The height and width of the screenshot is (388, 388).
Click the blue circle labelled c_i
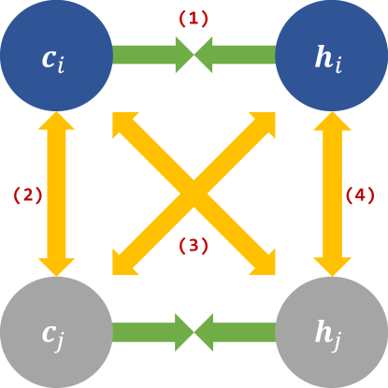point(55,56)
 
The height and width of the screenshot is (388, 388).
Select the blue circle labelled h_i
point(333,56)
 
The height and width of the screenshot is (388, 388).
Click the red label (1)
point(194,18)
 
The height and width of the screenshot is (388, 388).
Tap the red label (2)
point(26,194)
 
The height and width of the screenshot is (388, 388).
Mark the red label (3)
point(194,247)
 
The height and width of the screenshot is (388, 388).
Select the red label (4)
point(361,194)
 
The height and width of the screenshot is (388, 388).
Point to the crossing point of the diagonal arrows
point(194,194)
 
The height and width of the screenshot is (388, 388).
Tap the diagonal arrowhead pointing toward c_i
point(126,127)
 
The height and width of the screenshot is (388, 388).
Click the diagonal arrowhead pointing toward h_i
point(262,127)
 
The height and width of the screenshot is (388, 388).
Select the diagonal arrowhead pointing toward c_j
point(126,262)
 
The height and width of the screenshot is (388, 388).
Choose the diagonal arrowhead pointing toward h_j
point(262,262)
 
